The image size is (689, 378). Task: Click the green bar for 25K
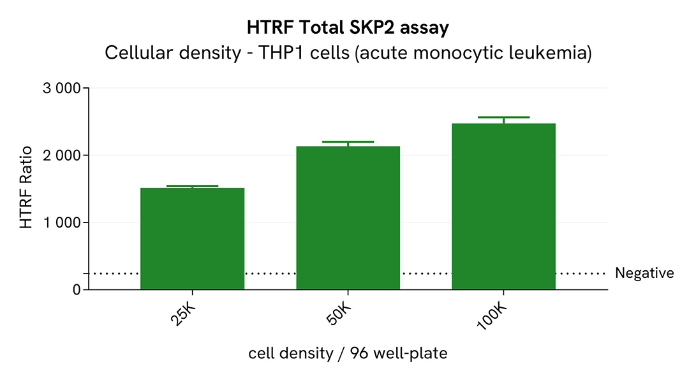(192, 238)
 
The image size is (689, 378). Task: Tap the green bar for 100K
(503, 207)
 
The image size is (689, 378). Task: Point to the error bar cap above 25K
(192, 186)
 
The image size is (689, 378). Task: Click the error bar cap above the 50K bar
(348, 142)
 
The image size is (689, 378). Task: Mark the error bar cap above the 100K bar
(503, 117)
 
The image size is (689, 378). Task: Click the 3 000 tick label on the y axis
(61, 89)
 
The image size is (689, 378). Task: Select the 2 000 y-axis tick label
(61, 156)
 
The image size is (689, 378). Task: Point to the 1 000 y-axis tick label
(61, 222)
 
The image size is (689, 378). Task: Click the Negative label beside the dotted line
(644, 273)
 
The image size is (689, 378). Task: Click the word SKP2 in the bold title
(369, 28)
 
